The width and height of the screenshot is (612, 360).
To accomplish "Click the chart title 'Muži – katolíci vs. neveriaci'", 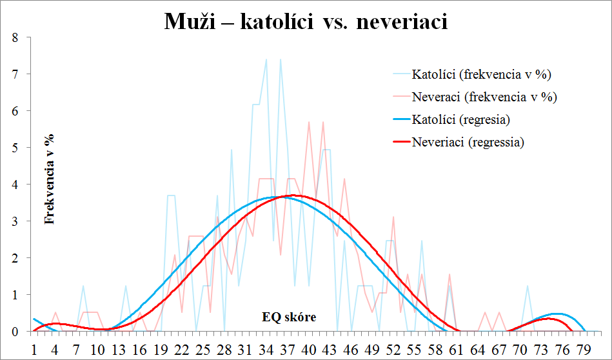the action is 306,21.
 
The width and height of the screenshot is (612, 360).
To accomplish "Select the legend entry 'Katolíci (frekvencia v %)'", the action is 481,74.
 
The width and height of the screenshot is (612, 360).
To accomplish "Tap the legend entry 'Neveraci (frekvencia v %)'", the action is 484,96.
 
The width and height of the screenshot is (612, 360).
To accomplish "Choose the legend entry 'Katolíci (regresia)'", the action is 461,119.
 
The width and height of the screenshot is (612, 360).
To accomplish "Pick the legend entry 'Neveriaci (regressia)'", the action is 468,142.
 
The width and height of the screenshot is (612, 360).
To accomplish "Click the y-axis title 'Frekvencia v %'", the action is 50,179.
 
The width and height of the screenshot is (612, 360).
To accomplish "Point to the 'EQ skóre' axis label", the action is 289,317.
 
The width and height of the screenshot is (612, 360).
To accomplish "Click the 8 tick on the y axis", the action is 15,37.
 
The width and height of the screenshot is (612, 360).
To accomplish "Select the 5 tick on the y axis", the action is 15,148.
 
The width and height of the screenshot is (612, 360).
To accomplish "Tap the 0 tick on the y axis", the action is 15,332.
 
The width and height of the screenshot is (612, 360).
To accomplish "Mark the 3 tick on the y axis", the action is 15,221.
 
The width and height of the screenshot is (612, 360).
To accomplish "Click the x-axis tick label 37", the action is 287,350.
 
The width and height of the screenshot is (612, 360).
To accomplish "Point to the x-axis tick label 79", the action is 584,350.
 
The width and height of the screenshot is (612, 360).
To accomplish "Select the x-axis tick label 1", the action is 34,350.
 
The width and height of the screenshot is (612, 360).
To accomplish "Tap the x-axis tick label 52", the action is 393,350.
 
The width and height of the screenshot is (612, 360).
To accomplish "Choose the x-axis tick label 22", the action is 181,350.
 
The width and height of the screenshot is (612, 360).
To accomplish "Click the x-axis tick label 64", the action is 478,350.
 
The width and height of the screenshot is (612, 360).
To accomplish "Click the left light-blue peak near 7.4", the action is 266,59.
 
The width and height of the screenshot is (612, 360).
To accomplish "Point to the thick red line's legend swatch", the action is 401,142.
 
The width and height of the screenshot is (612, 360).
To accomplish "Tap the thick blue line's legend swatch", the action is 401,119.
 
